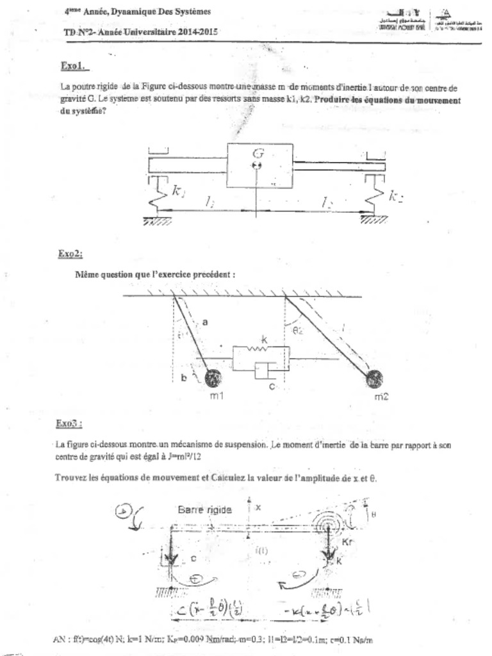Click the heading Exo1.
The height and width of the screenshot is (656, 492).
click(73, 66)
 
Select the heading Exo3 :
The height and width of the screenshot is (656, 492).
click(69, 423)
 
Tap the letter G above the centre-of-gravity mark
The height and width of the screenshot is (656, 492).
click(258, 153)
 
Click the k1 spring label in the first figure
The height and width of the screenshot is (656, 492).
click(179, 190)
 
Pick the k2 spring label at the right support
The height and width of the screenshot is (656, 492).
click(396, 196)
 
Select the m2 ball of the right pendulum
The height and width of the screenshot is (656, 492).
click(375, 379)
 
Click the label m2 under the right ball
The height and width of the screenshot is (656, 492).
click(381, 397)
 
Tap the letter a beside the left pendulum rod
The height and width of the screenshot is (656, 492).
click(204, 323)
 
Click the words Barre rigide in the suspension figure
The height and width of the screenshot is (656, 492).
click(204, 510)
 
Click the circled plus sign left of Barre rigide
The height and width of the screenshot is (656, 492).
click(123, 511)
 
